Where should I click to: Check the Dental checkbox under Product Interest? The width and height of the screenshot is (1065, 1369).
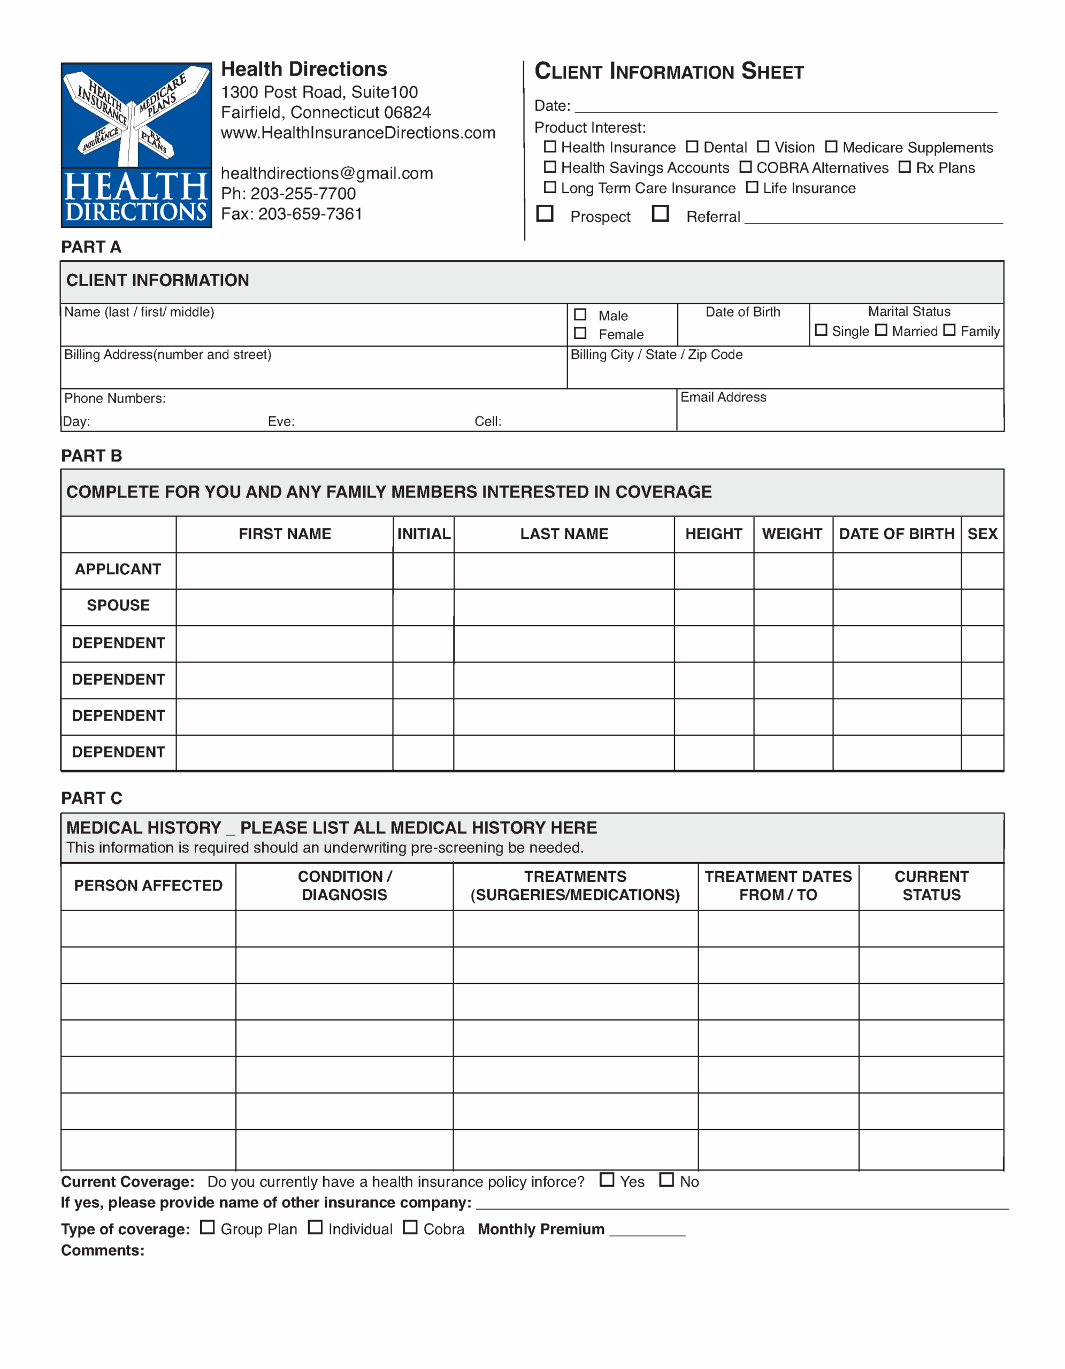pos(692,147)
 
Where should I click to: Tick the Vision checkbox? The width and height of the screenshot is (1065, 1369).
pos(763,147)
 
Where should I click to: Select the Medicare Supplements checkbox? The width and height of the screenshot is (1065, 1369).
pos(831,147)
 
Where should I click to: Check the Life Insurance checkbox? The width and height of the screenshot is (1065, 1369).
pos(752,187)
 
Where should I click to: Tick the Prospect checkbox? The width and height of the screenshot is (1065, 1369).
pos(545,214)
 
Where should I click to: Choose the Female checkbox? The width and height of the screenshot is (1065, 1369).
pos(580,334)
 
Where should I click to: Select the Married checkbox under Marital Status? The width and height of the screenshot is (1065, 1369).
pos(882,330)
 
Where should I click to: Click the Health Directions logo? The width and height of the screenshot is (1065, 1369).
pos(136,145)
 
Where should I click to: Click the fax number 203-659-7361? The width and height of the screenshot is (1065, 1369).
pos(310,214)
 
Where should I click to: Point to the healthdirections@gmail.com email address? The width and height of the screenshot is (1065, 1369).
pos(327,174)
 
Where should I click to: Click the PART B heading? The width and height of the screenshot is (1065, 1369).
pos(91,456)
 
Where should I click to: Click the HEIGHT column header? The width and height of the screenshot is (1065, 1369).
pos(714,534)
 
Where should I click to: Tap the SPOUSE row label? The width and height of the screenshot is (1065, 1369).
pos(118,605)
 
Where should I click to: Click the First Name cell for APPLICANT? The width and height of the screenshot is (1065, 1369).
pos(284,571)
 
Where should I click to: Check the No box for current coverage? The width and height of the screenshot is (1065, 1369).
pos(666,1180)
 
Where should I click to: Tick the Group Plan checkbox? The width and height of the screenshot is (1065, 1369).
pos(208,1227)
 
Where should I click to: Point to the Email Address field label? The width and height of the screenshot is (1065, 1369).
pos(723,397)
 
